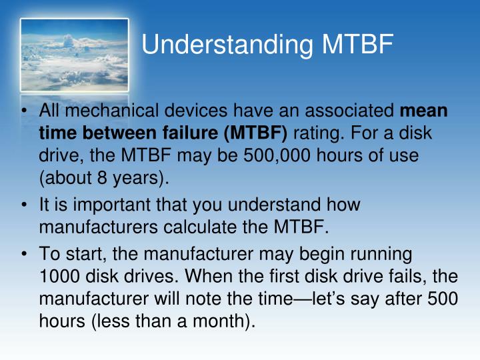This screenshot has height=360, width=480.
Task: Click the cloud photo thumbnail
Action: pyautogui.click(x=74, y=55)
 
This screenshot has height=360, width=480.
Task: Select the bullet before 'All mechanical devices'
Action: pyautogui.click(x=25, y=111)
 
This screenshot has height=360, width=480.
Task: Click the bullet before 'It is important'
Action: pyautogui.click(x=25, y=204)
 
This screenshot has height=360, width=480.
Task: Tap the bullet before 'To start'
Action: pyautogui.click(x=25, y=254)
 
